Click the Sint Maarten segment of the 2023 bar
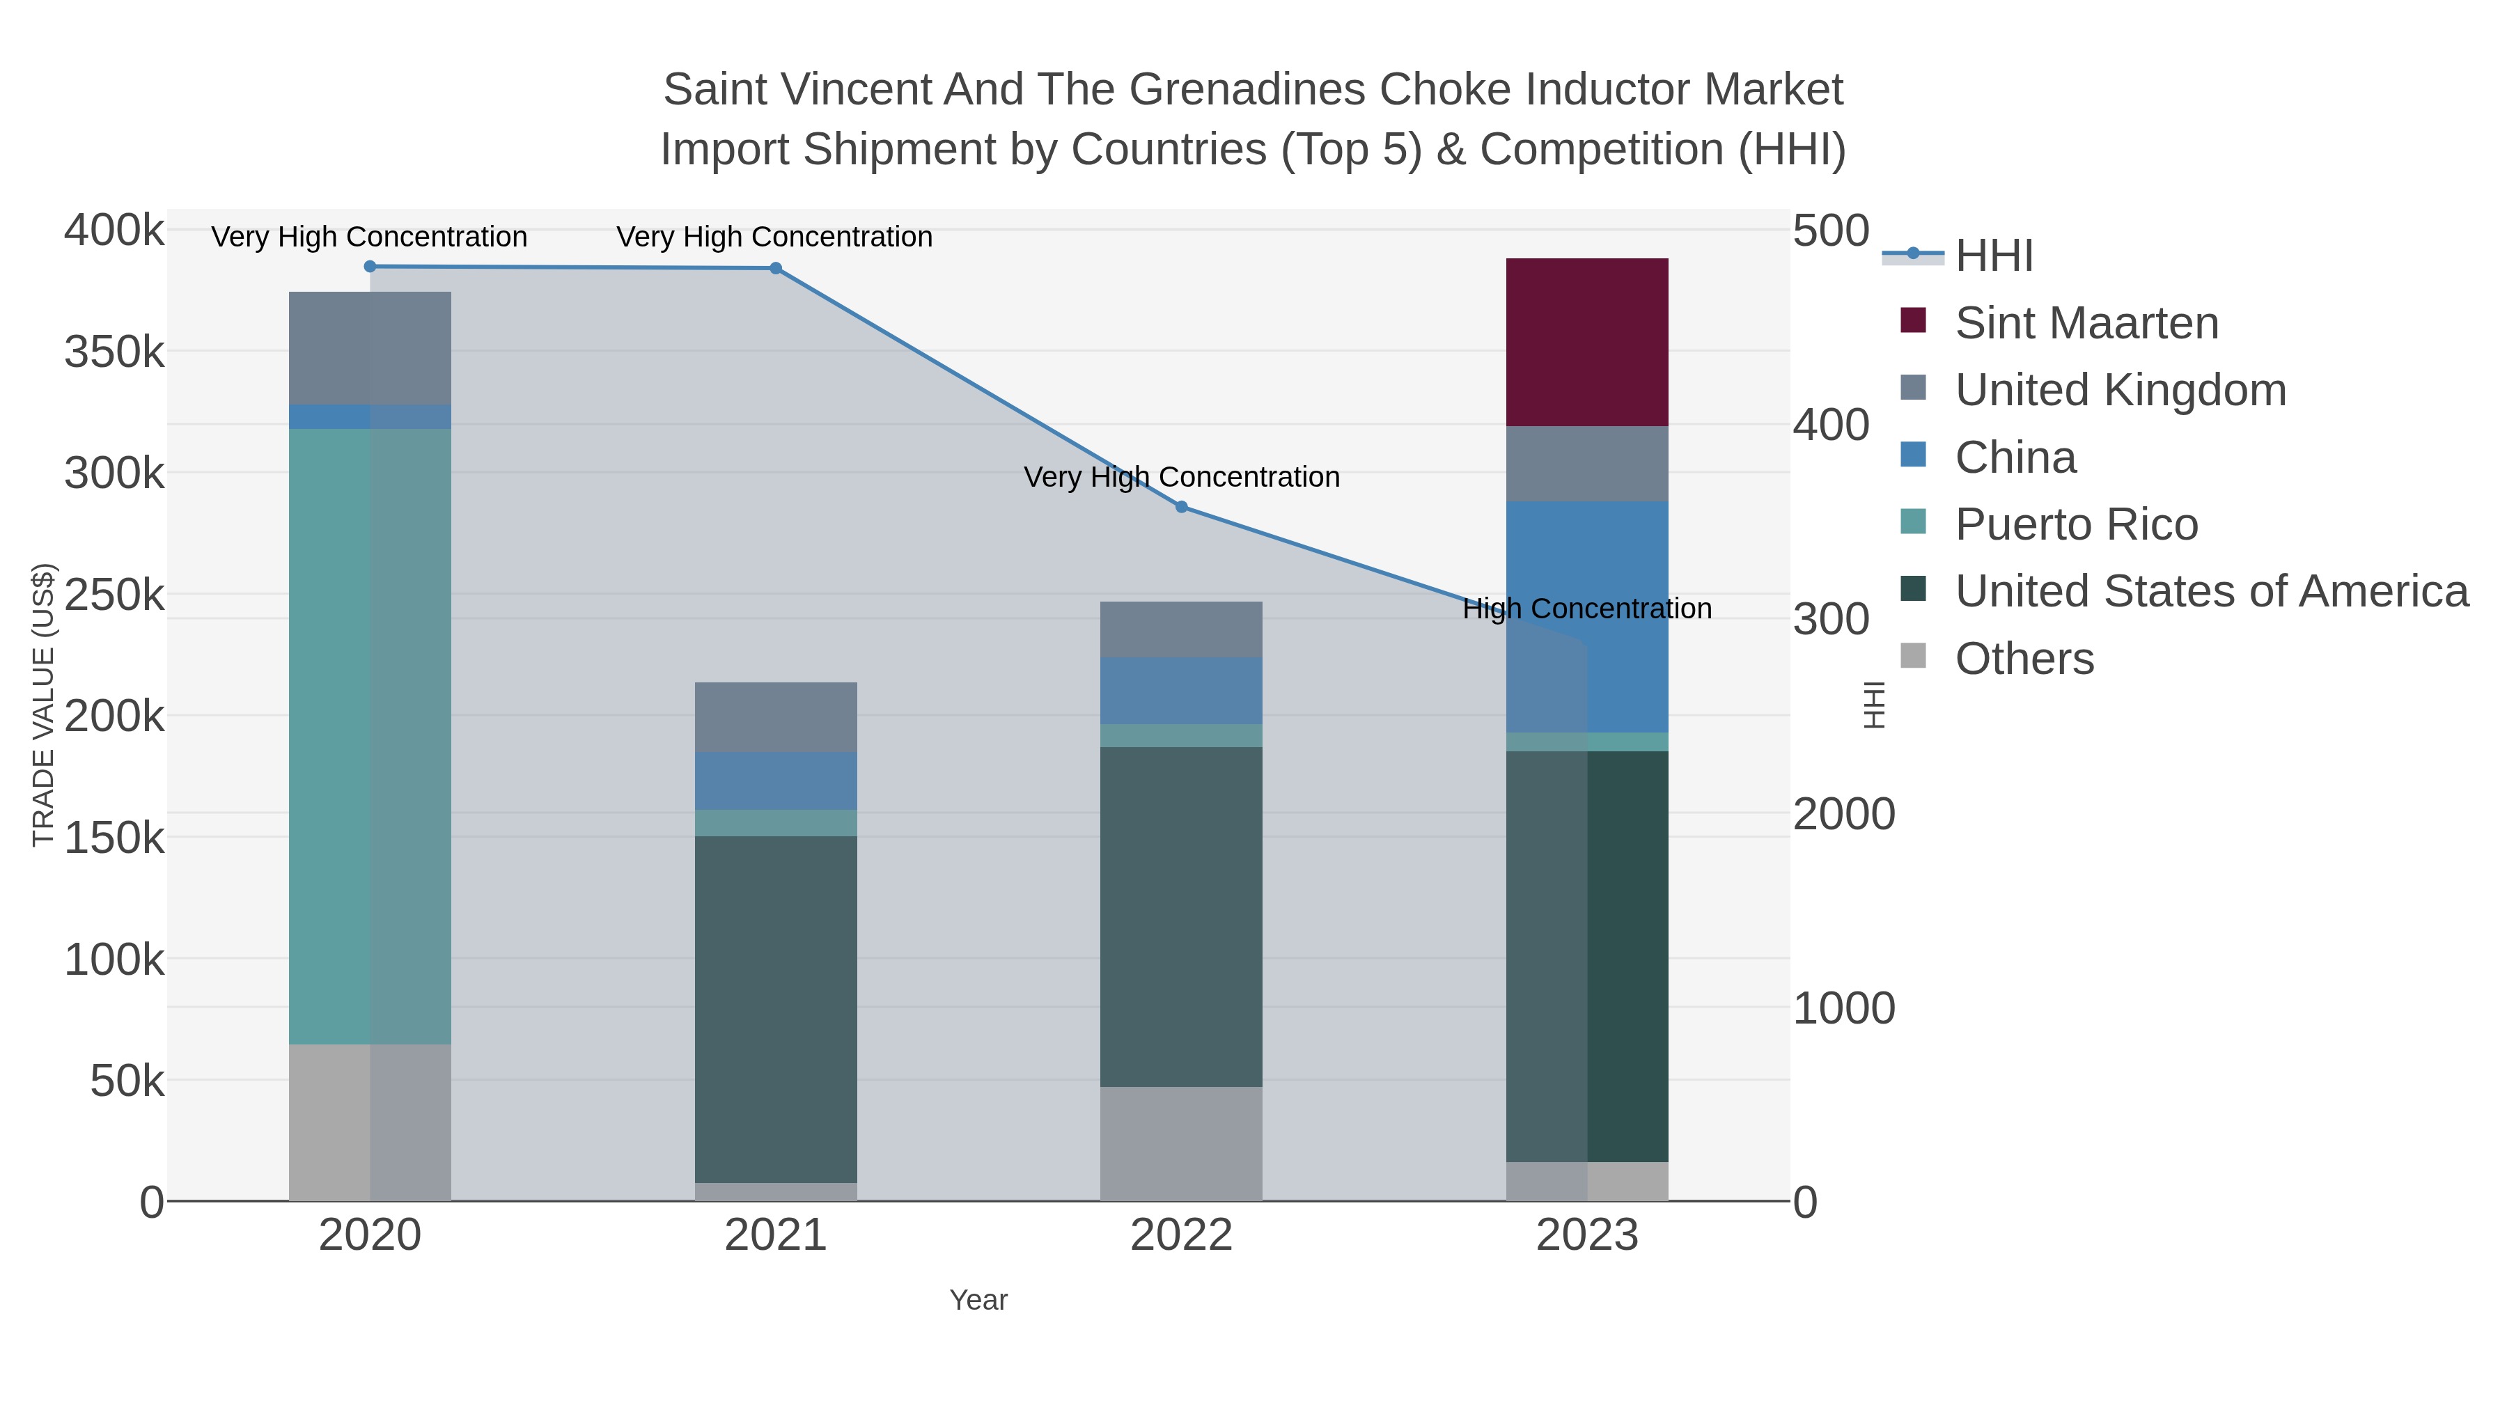click(1586, 342)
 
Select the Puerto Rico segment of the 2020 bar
click(370, 736)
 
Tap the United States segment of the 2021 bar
click(776, 1008)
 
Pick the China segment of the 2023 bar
click(1586, 616)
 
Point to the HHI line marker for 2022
click(1182, 507)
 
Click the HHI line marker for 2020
click(370, 267)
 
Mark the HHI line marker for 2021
click(776, 269)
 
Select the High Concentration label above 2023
click(1586, 609)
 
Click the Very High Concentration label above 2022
click(1182, 478)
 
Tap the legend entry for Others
click(2024, 659)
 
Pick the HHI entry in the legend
click(1994, 256)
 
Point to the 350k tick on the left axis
click(114, 352)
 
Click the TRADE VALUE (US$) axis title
click(44, 705)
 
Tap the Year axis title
click(978, 1300)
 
